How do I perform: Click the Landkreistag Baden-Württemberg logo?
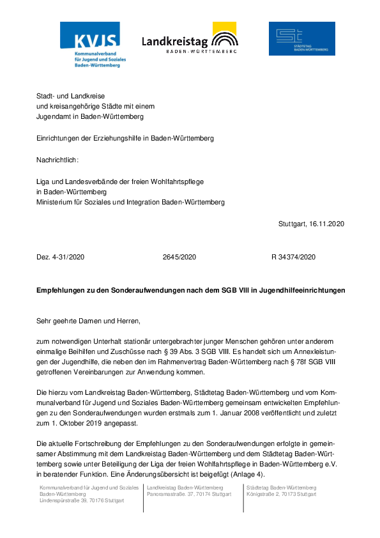point(190,39)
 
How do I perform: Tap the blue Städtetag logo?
point(301,38)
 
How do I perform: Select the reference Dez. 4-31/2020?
point(61,257)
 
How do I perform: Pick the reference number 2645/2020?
point(179,257)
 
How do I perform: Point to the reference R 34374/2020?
point(294,257)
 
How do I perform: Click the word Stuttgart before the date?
point(293,224)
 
